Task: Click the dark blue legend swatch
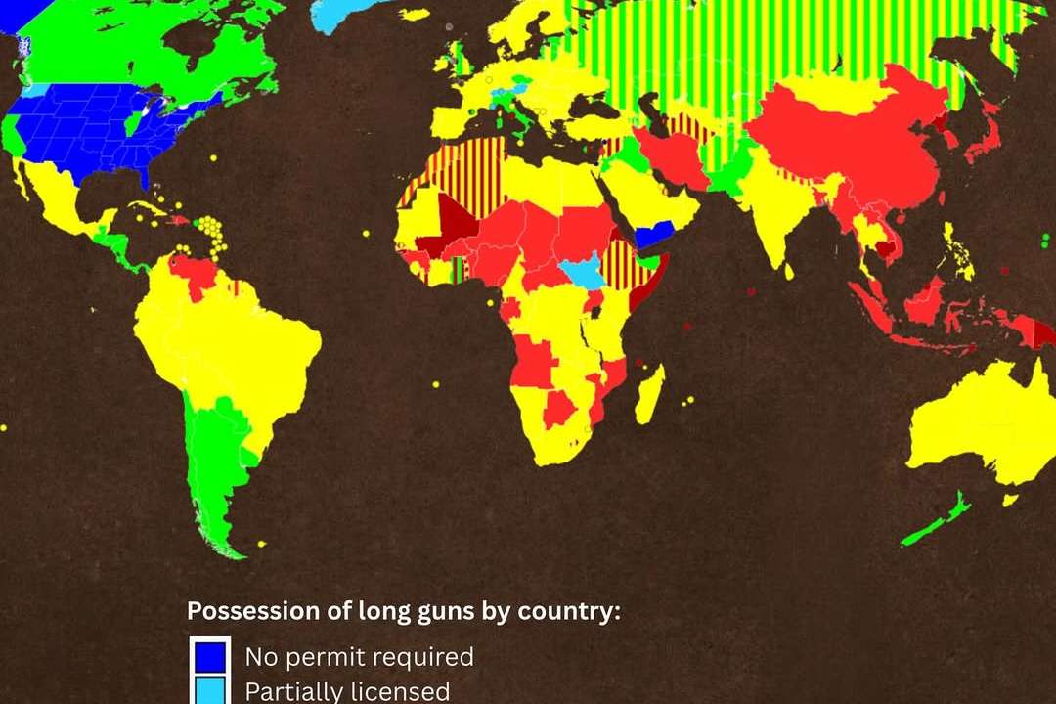pos(210,656)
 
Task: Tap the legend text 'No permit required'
pos(359,656)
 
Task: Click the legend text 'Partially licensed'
pos(347,691)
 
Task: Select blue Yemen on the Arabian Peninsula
pos(649,234)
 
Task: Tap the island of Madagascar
pos(649,393)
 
